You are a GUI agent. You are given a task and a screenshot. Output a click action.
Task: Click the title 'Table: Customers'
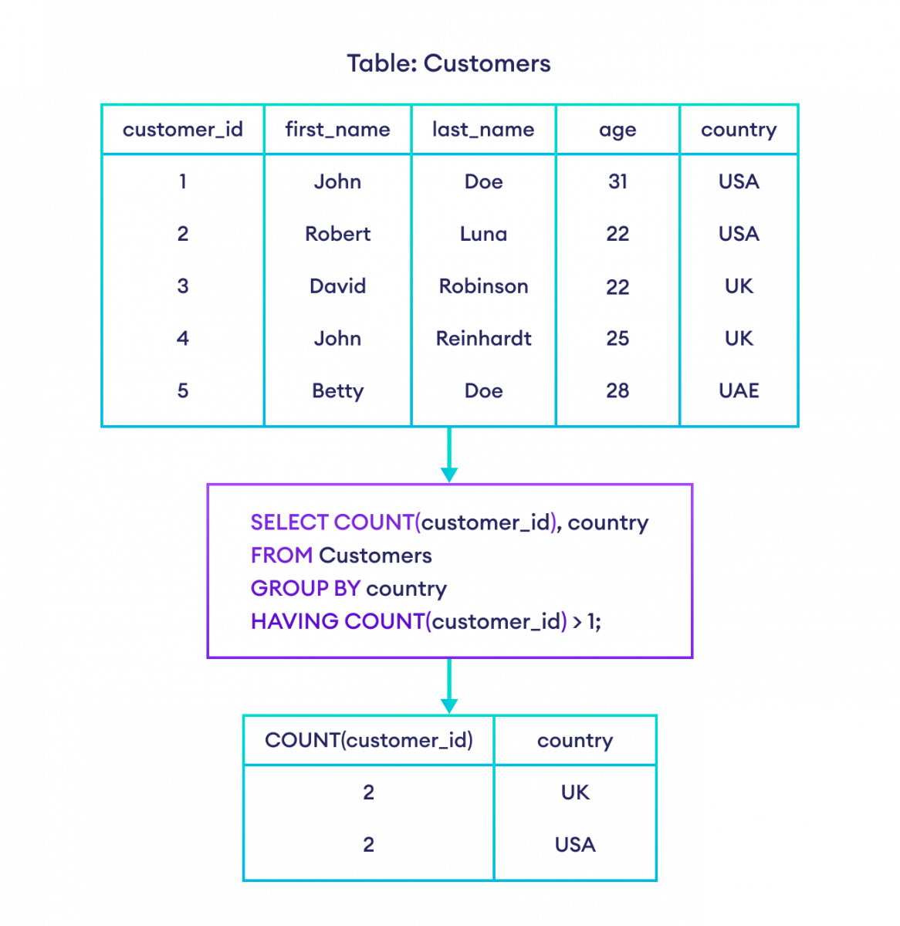448,63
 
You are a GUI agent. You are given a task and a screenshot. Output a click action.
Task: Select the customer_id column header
182,130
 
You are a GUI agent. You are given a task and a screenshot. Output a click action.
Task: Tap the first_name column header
337,130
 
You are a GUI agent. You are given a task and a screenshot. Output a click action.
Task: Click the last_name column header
483,130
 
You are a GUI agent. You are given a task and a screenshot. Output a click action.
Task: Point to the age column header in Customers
617,130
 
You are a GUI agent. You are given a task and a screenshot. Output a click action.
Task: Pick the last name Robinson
483,286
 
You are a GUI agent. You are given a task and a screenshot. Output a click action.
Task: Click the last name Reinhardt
483,338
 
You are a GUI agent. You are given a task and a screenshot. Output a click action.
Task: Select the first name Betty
337,390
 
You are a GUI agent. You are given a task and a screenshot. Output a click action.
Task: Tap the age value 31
617,181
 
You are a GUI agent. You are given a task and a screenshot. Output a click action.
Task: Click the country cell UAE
739,390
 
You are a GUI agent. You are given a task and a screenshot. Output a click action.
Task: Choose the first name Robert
337,234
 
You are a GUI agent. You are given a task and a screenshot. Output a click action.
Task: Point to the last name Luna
483,234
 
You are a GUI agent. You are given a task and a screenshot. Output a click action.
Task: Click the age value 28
617,390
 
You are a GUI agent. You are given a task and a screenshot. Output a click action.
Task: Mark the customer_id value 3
182,286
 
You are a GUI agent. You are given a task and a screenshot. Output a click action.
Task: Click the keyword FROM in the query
281,556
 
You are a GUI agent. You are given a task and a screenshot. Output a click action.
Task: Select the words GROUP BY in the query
305,589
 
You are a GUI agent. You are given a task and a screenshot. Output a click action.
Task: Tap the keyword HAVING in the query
294,621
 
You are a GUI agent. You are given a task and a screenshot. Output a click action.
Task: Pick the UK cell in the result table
575,793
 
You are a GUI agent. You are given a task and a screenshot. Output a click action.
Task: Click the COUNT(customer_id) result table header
368,741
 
